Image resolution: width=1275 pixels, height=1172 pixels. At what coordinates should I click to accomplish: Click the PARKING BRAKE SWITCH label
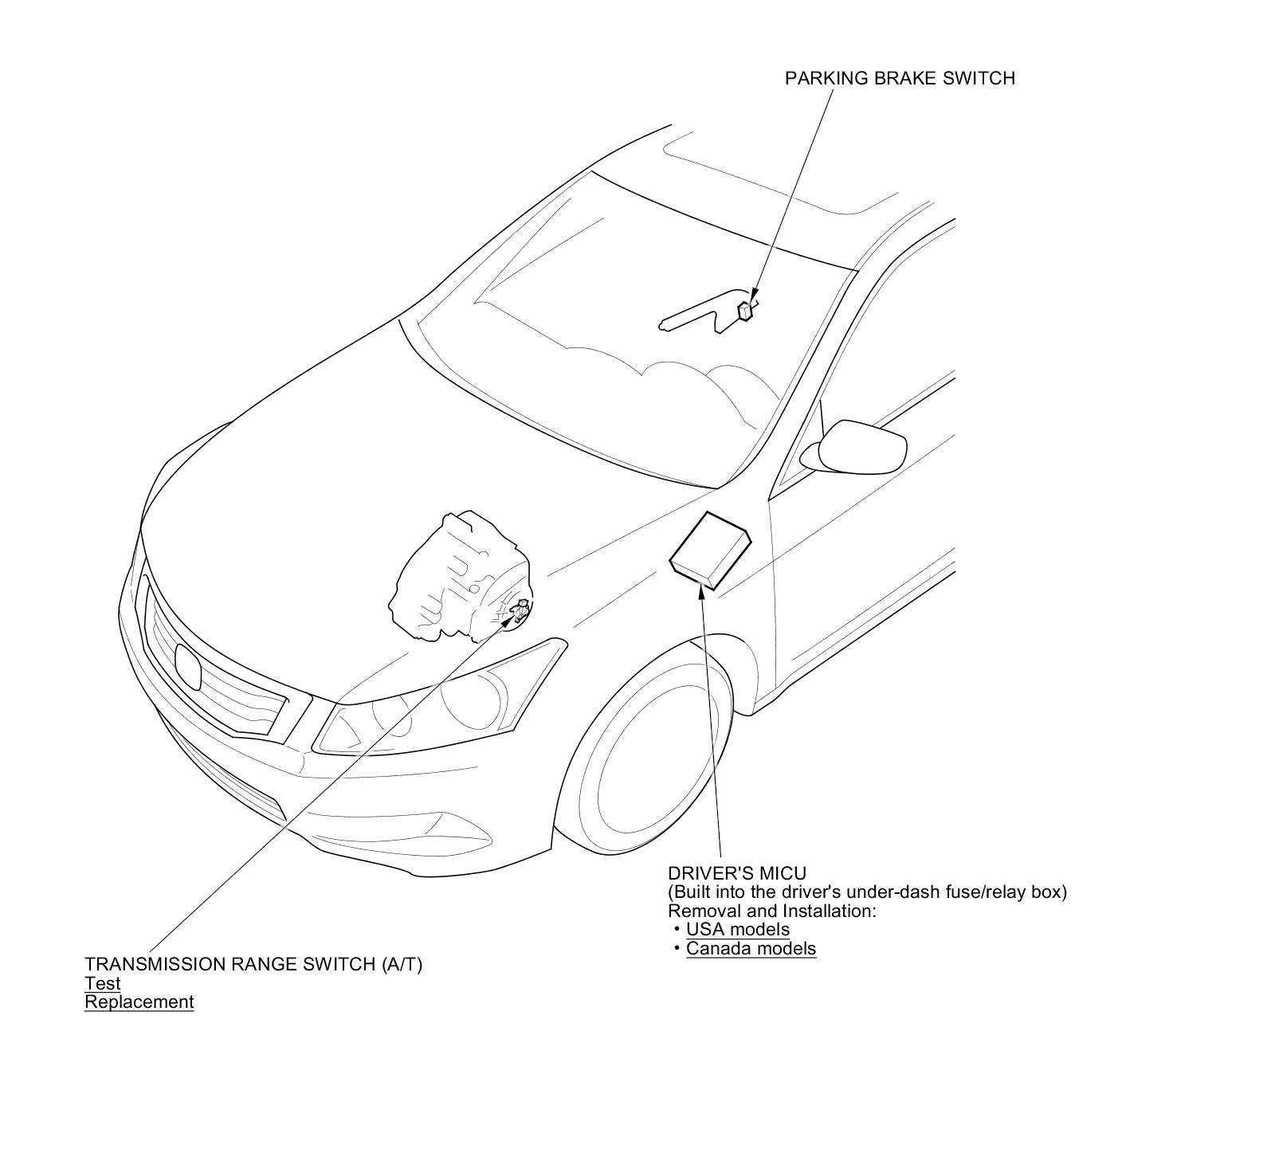(900, 78)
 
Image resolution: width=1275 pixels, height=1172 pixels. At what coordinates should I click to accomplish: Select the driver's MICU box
(709, 550)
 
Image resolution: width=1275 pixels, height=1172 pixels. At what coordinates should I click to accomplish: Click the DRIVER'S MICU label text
(737, 873)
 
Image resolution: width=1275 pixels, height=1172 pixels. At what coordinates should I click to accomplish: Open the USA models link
(737, 929)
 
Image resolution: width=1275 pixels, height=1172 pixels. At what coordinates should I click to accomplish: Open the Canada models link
(751, 948)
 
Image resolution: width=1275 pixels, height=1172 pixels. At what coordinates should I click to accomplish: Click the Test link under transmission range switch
(103, 983)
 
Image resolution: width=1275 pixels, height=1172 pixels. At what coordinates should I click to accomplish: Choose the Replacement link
(139, 1001)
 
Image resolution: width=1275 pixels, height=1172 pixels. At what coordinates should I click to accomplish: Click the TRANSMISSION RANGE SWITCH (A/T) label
(253, 964)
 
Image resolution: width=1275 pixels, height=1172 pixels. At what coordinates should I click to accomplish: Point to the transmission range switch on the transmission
(520, 612)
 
